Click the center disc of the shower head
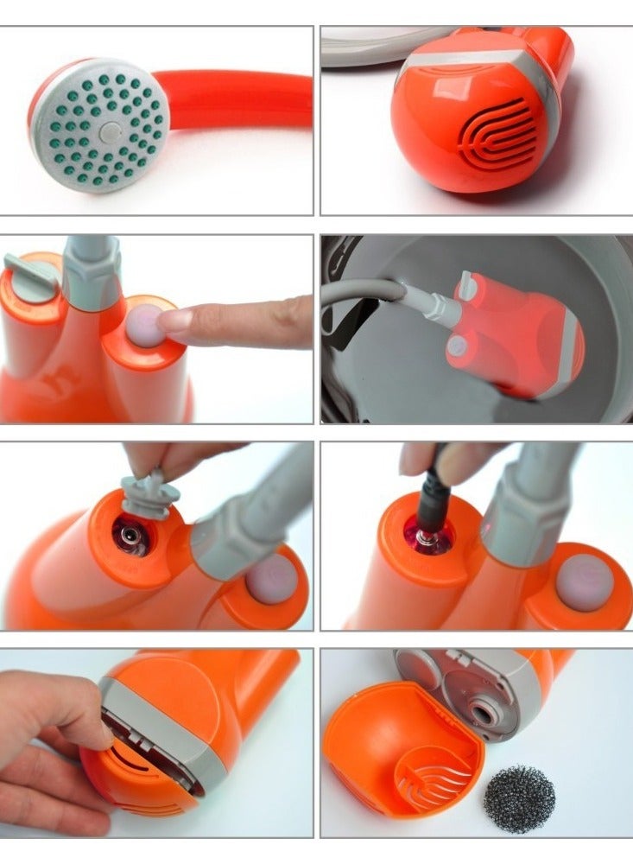coord(110,132)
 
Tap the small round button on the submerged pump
coord(457,346)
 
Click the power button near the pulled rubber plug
coord(272,577)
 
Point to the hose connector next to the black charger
coord(516,518)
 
